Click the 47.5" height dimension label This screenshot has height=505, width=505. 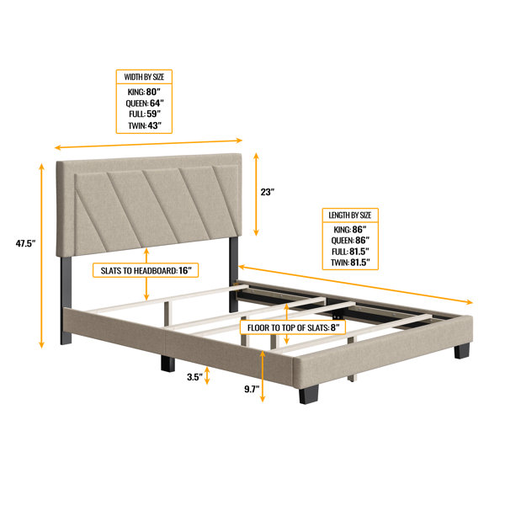tap(25, 243)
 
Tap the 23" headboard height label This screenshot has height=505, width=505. tap(268, 192)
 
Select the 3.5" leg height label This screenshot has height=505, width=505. tap(195, 377)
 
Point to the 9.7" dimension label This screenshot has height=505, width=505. tap(252, 389)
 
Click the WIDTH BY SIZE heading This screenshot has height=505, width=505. tap(144, 77)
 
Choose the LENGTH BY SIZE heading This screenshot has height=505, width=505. tap(350, 215)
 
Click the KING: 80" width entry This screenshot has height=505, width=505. tap(144, 92)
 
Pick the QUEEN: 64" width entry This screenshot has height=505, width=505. tap(145, 103)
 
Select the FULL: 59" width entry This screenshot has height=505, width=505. tap(145, 114)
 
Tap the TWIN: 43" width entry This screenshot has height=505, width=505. tap(145, 125)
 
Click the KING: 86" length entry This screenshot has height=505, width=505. tap(350, 230)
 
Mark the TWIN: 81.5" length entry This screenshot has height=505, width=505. tap(350, 263)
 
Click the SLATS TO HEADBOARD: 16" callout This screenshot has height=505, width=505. tap(146, 270)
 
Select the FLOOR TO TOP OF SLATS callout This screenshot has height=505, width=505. tap(293, 328)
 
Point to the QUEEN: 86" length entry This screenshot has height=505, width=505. tap(350, 241)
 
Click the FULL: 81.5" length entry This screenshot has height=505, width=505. tap(350, 252)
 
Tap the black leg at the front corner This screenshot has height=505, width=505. tap(308, 394)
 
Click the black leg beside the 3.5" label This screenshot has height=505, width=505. tap(167, 364)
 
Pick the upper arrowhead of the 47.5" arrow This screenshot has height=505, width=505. tap(41, 166)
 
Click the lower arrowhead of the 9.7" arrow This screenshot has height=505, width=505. tap(263, 399)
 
